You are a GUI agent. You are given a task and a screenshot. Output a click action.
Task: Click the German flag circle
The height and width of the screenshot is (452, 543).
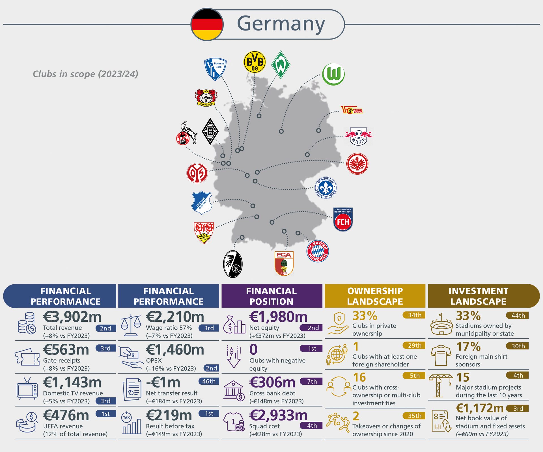click(207, 24)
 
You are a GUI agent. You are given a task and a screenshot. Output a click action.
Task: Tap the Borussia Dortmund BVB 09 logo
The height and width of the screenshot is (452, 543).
click(255, 62)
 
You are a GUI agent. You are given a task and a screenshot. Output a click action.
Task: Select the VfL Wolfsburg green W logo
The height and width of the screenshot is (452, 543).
click(333, 74)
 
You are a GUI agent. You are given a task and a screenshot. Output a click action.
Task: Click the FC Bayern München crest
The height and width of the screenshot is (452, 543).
click(318, 251)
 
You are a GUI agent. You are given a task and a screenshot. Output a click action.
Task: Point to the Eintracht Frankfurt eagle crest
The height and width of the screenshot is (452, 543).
click(357, 164)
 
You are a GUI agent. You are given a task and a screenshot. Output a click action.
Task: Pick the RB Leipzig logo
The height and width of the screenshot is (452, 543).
click(358, 136)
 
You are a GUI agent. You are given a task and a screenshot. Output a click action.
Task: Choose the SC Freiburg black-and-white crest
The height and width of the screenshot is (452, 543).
click(233, 264)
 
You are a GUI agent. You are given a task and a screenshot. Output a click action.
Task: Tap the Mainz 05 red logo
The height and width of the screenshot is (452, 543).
click(197, 173)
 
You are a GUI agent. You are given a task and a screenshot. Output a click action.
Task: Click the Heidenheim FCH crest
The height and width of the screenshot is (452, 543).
click(343, 220)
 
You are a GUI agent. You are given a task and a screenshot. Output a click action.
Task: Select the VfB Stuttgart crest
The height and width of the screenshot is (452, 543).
click(204, 232)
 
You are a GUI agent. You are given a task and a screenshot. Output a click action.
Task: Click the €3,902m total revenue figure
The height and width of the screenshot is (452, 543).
click(72, 317)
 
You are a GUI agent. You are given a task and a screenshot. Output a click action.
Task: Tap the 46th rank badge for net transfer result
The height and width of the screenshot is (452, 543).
click(209, 381)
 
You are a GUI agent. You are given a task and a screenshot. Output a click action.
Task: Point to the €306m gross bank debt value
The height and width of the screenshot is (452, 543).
click(272, 382)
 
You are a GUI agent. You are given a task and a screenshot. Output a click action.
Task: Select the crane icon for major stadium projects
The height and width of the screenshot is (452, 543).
click(440, 386)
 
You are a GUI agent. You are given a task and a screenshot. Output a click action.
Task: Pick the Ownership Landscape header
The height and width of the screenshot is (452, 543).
click(375, 296)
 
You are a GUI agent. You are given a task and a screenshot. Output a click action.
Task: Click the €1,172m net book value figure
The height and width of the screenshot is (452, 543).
click(480, 408)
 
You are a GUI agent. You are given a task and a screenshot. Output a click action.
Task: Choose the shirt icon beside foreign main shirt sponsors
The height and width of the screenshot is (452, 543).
click(441, 355)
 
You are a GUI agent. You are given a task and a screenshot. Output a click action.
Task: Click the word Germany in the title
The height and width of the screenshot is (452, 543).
click(281, 24)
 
